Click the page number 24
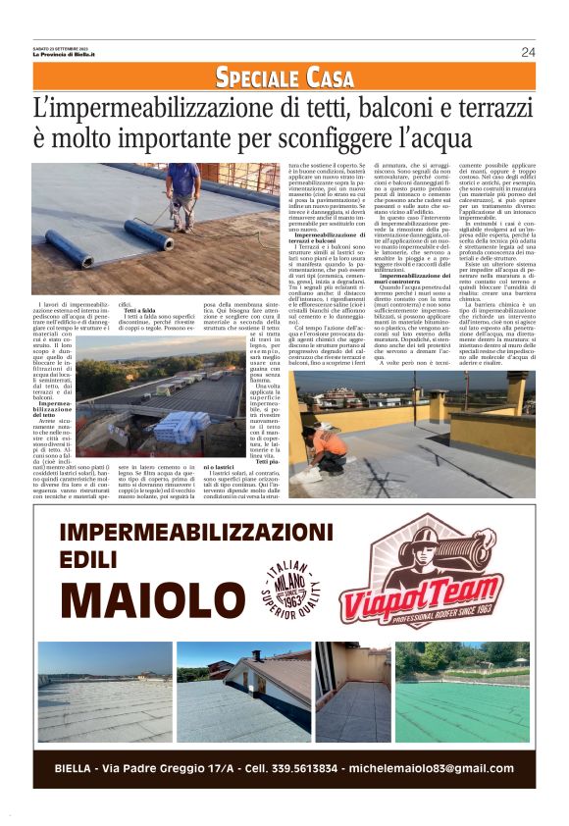point(528,52)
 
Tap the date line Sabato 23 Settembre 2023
point(58,47)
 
